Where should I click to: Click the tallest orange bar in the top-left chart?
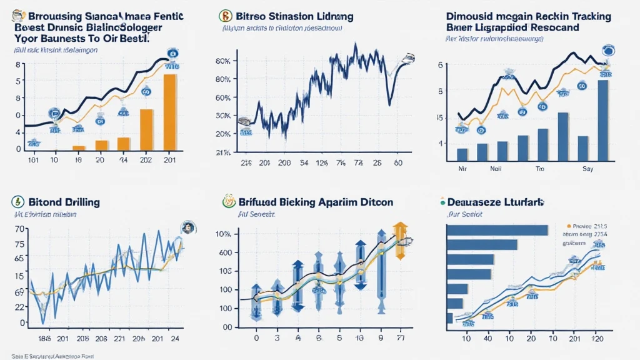point(169,112)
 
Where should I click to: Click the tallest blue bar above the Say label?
point(602,120)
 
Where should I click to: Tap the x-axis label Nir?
point(462,169)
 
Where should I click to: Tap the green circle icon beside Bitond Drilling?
point(17,202)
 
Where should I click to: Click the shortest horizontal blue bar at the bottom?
point(449,318)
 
